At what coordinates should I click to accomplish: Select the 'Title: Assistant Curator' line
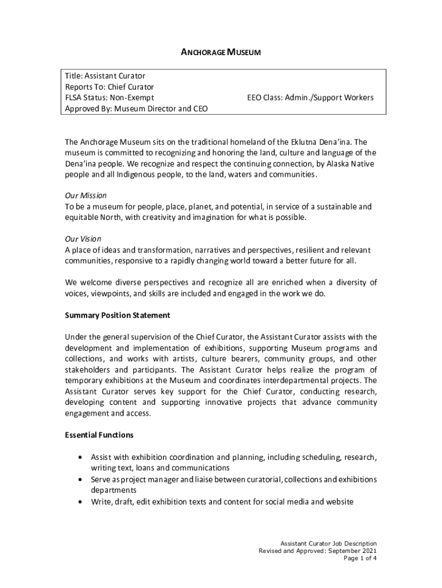104,76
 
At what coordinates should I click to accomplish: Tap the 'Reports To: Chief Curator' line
109,87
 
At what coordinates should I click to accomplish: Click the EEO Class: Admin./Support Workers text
310,98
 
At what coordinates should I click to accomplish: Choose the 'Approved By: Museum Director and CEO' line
136,109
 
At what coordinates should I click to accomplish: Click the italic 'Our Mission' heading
86,196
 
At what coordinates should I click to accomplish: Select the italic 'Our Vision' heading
83,239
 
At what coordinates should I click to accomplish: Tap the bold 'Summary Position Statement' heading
117,315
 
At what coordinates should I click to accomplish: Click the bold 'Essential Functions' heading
99,435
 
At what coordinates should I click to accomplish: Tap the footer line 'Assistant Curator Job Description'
328,543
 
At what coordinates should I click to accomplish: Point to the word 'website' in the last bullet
339,501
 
